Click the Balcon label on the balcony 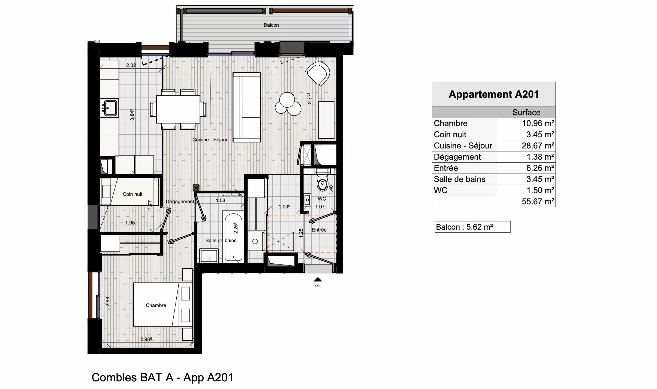click(x=271, y=25)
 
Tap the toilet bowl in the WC click(x=323, y=183)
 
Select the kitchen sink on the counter click(x=110, y=108)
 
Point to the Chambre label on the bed click(x=156, y=305)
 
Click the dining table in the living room click(x=178, y=109)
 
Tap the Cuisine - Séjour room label click(x=210, y=140)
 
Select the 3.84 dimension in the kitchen click(x=132, y=115)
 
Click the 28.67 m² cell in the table click(x=538, y=146)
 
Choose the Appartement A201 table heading click(x=493, y=94)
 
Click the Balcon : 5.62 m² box click(x=472, y=227)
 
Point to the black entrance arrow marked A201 click(x=318, y=279)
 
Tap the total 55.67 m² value click(x=538, y=202)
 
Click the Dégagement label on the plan click(x=180, y=202)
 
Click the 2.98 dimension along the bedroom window click(x=108, y=302)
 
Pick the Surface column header click(x=526, y=112)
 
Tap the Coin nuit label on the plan click(x=132, y=194)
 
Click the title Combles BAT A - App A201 click(x=162, y=378)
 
